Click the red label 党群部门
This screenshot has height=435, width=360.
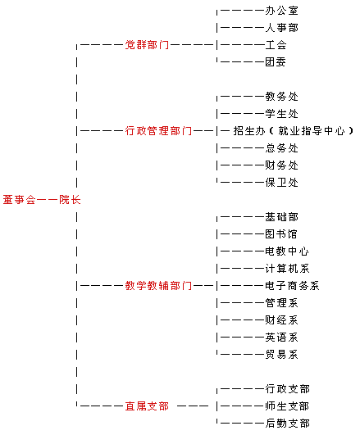pos(147,45)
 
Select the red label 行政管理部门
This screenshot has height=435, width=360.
pos(158,131)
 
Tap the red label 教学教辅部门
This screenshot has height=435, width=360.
pos(158,285)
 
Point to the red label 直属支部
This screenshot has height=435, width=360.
pos(147,406)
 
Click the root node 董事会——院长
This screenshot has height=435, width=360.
pos(42,199)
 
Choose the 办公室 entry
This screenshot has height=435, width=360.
pos(281,11)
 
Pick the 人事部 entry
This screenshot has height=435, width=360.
pos(281,28)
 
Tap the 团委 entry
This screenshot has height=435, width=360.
pos(276,62)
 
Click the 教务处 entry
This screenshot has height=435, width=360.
pos(281,97)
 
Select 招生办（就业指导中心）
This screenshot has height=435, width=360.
pos(293,131)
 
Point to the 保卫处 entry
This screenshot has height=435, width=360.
pos(281,182)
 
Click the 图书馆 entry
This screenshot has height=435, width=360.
pos(281,233)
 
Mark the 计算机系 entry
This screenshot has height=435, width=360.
pos(287,268)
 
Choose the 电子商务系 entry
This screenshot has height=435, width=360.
pos(292,285)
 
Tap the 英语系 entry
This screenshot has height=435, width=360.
pos(281,338)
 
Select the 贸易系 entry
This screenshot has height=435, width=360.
pos(281,354)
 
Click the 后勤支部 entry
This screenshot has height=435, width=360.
pos(287,424)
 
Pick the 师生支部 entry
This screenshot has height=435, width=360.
pos(287,406)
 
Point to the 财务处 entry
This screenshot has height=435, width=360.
pos(281,165)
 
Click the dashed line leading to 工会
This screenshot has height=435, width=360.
pos(242,45)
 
